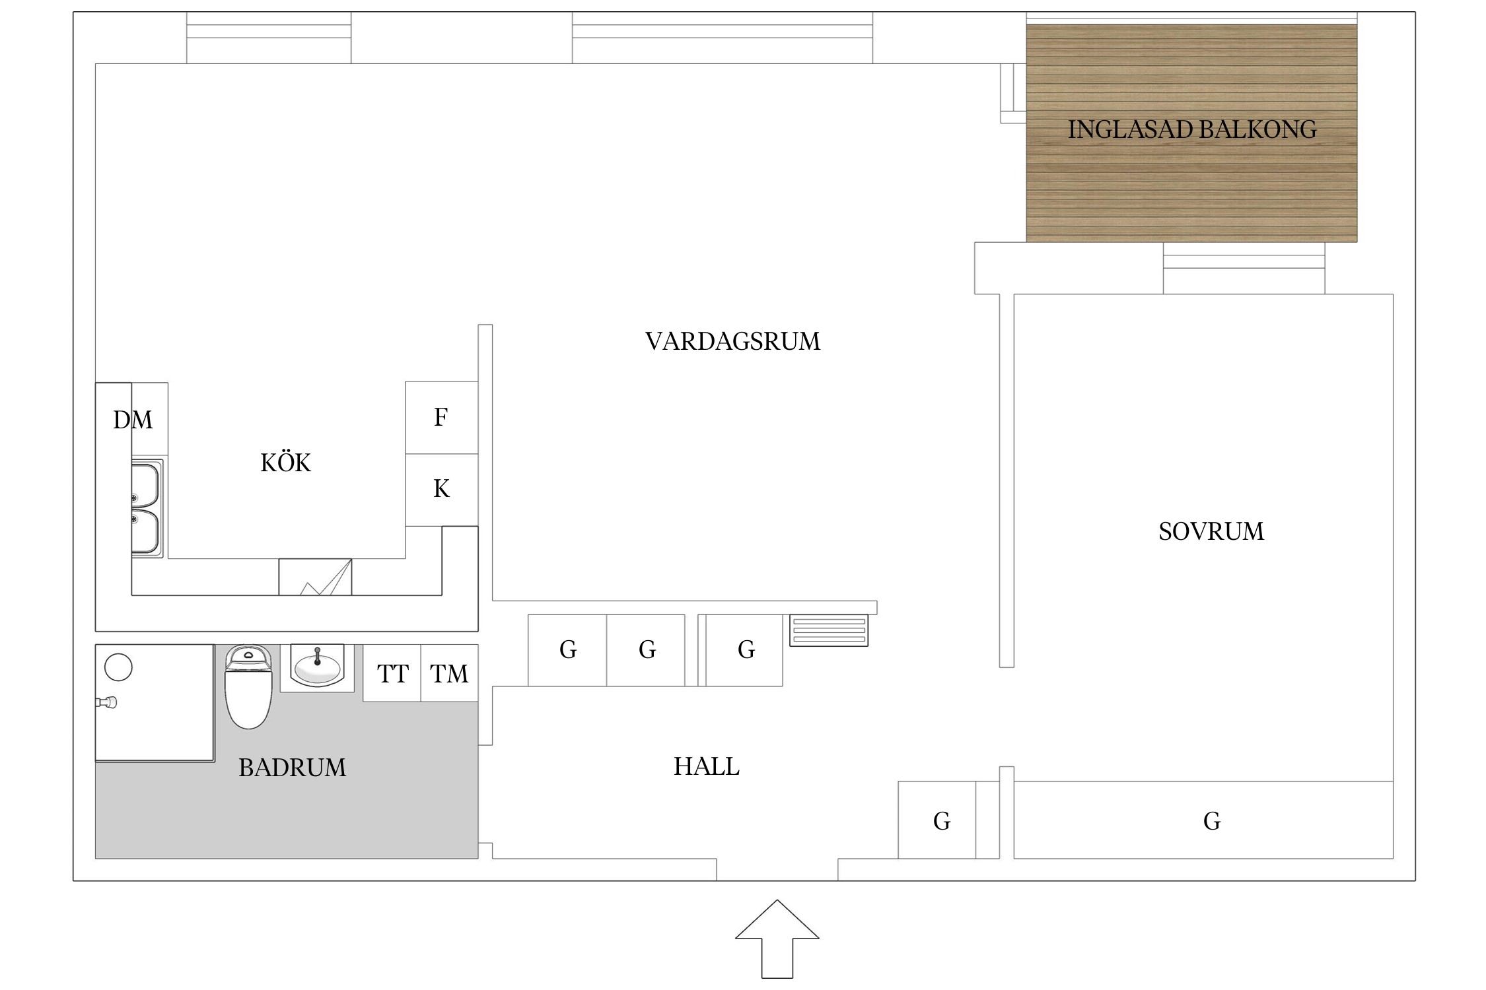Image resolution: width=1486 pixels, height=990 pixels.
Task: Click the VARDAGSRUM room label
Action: coord(732,341)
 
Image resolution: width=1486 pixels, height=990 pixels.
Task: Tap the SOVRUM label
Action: coord(1211,531)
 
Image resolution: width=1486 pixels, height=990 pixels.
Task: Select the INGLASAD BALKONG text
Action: coord(1191,129)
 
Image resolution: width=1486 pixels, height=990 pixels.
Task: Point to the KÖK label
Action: coord(285,463)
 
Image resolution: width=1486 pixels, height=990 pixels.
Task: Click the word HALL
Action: coord(706,766)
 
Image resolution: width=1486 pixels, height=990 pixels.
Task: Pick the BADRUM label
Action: coord(292,768)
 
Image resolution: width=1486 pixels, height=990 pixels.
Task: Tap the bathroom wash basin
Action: coord(317,667)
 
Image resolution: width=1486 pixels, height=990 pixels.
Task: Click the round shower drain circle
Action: coord(118,667)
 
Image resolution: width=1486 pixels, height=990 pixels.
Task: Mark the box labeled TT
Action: coord(392,674)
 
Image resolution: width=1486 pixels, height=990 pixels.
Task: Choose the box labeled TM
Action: coord(449,674)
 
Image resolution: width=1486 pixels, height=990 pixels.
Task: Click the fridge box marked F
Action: coord(441,417)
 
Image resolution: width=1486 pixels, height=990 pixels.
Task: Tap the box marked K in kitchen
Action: coord(441,489)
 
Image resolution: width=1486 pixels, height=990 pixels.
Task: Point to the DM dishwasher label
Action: coord(133,420)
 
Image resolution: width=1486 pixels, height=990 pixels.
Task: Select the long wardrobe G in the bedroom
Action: coord(1211,820)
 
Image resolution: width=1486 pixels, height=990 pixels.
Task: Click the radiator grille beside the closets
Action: coord(829,630)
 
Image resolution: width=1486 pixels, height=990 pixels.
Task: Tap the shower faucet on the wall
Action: coord(108,703)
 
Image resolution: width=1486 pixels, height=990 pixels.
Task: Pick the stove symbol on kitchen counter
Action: coord(315,577)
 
